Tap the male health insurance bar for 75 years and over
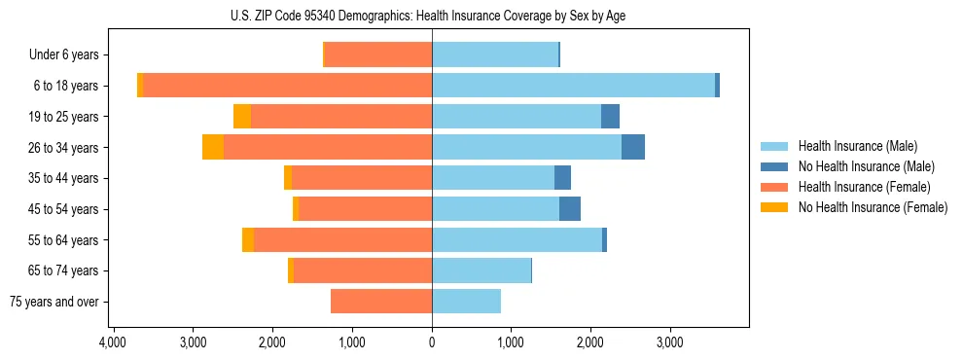pyautogui.click(x=466, y=302)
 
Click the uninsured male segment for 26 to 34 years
pyautogui.click(x=633, y=147)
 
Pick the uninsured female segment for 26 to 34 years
pyautogui.click(x=213, y=147)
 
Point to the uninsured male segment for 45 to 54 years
pyautogui.click(x=570, y=209)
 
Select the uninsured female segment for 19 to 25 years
pyautogui.click(x=242, y=117)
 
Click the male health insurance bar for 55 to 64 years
pyautogui.click(x=517, y=239)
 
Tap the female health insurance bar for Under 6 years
pyautogui.click(x=378, y=54)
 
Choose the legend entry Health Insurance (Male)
pyautogui.click(x=857, y=146)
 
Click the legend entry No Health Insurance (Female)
pyautogui.click(x=873, y=207)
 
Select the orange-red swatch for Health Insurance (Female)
pyautogui.click(x=774, y=187)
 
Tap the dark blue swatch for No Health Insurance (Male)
pyautogui.click(x=774, y=166)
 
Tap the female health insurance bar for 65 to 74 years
pyautogui.click(x=363, y=270)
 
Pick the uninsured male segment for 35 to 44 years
pyautogui.click(x=562, y=178)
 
